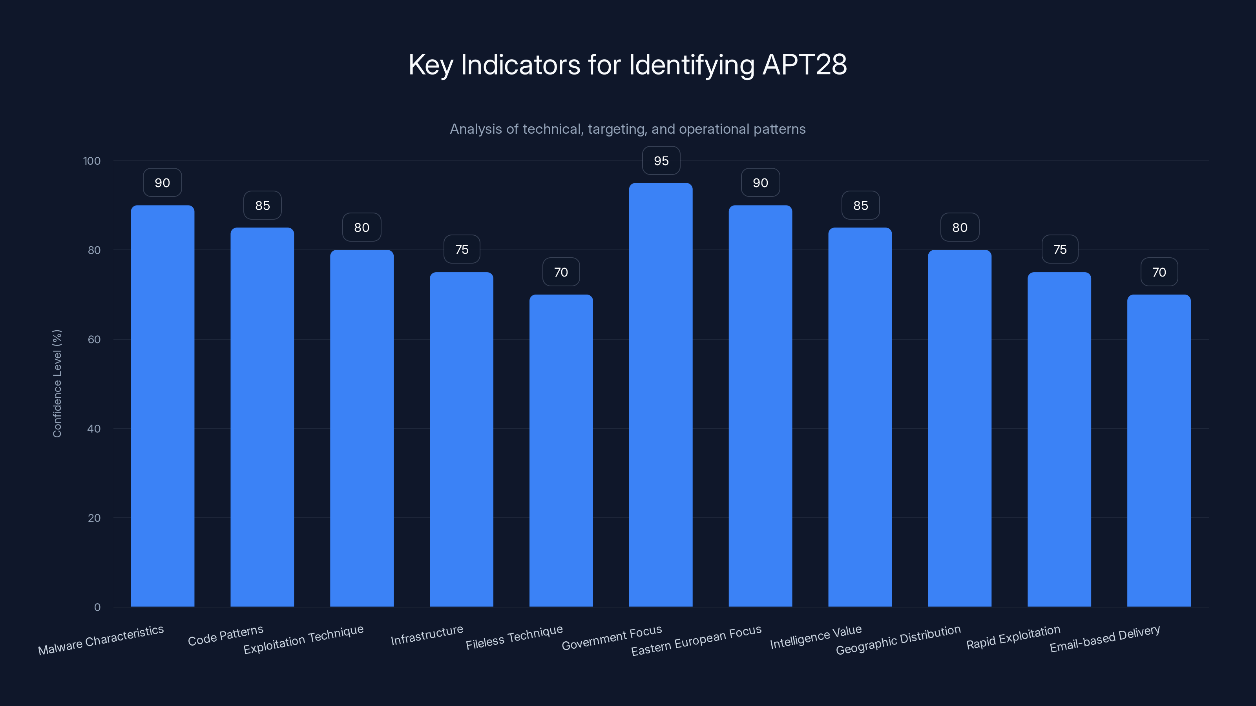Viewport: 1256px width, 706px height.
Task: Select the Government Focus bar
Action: click(661, 395)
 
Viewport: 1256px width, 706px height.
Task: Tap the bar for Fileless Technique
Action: click(561, 451)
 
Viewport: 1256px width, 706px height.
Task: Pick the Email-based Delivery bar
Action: click(1159, 451)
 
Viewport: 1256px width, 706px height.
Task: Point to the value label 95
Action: click(661, 161)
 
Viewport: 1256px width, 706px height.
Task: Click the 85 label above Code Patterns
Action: click(262, 206)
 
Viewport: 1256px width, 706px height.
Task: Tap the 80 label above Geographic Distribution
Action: click(960, 227)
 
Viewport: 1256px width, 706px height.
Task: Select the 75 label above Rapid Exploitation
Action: click(1059, 249)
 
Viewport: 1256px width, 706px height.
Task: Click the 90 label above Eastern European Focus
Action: click(760, 183)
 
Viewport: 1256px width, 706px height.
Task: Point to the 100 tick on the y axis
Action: click(92, 161)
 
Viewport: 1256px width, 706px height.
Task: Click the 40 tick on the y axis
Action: click(94, 429)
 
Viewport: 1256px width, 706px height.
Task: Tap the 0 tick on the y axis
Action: click(97, 607)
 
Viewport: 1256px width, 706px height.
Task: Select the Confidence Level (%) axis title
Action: click(57, 384)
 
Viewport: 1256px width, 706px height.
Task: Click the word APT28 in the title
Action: click(805, 64)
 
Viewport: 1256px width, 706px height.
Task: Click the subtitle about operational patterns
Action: click(628, 129)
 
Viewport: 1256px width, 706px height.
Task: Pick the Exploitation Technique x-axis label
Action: click(303, 639)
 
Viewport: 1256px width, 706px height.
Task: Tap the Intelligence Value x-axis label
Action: click(816, 637)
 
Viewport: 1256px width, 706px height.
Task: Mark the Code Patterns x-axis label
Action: click(226, 636)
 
